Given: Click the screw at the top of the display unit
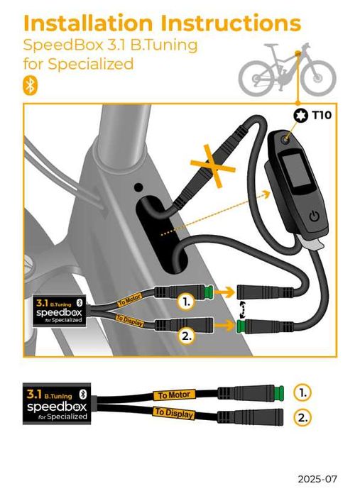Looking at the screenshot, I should [x=284, y=141].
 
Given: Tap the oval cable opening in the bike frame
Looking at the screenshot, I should [x=161, y=234].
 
